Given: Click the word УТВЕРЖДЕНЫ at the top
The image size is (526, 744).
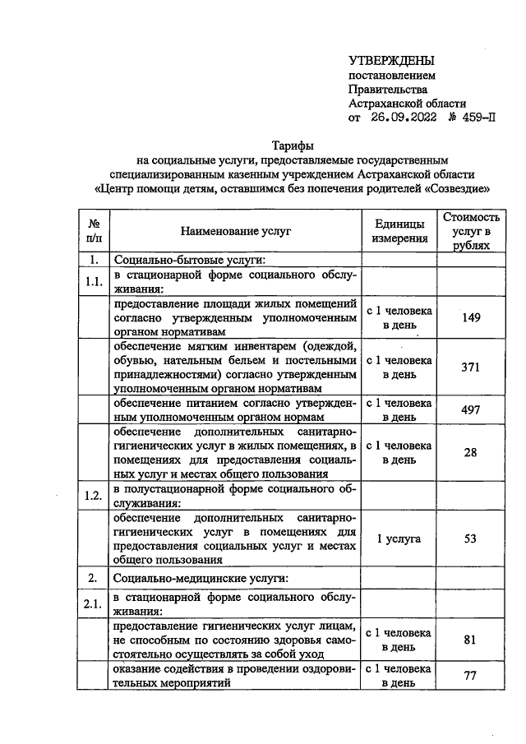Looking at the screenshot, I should [391, 60].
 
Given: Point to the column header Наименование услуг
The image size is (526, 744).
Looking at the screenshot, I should [236, 232].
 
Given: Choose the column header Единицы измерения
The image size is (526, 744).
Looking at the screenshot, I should [399, 232].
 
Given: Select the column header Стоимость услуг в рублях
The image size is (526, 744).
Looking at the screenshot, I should [471, 232].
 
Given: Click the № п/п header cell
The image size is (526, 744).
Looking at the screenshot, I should [94, 232].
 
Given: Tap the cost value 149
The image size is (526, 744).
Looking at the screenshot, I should [471, 318].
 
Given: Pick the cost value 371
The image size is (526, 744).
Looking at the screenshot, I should [471, 367].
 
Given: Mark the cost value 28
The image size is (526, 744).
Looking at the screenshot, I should [471, 452].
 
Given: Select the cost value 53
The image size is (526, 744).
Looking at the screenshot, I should [471, 538].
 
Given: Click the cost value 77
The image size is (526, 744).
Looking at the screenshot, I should [471, 676].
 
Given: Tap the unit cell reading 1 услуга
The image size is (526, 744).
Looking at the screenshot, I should [399, 538].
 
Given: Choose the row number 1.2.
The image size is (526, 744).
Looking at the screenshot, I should [94, 496].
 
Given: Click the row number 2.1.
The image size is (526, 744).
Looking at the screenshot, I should [94, 605].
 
